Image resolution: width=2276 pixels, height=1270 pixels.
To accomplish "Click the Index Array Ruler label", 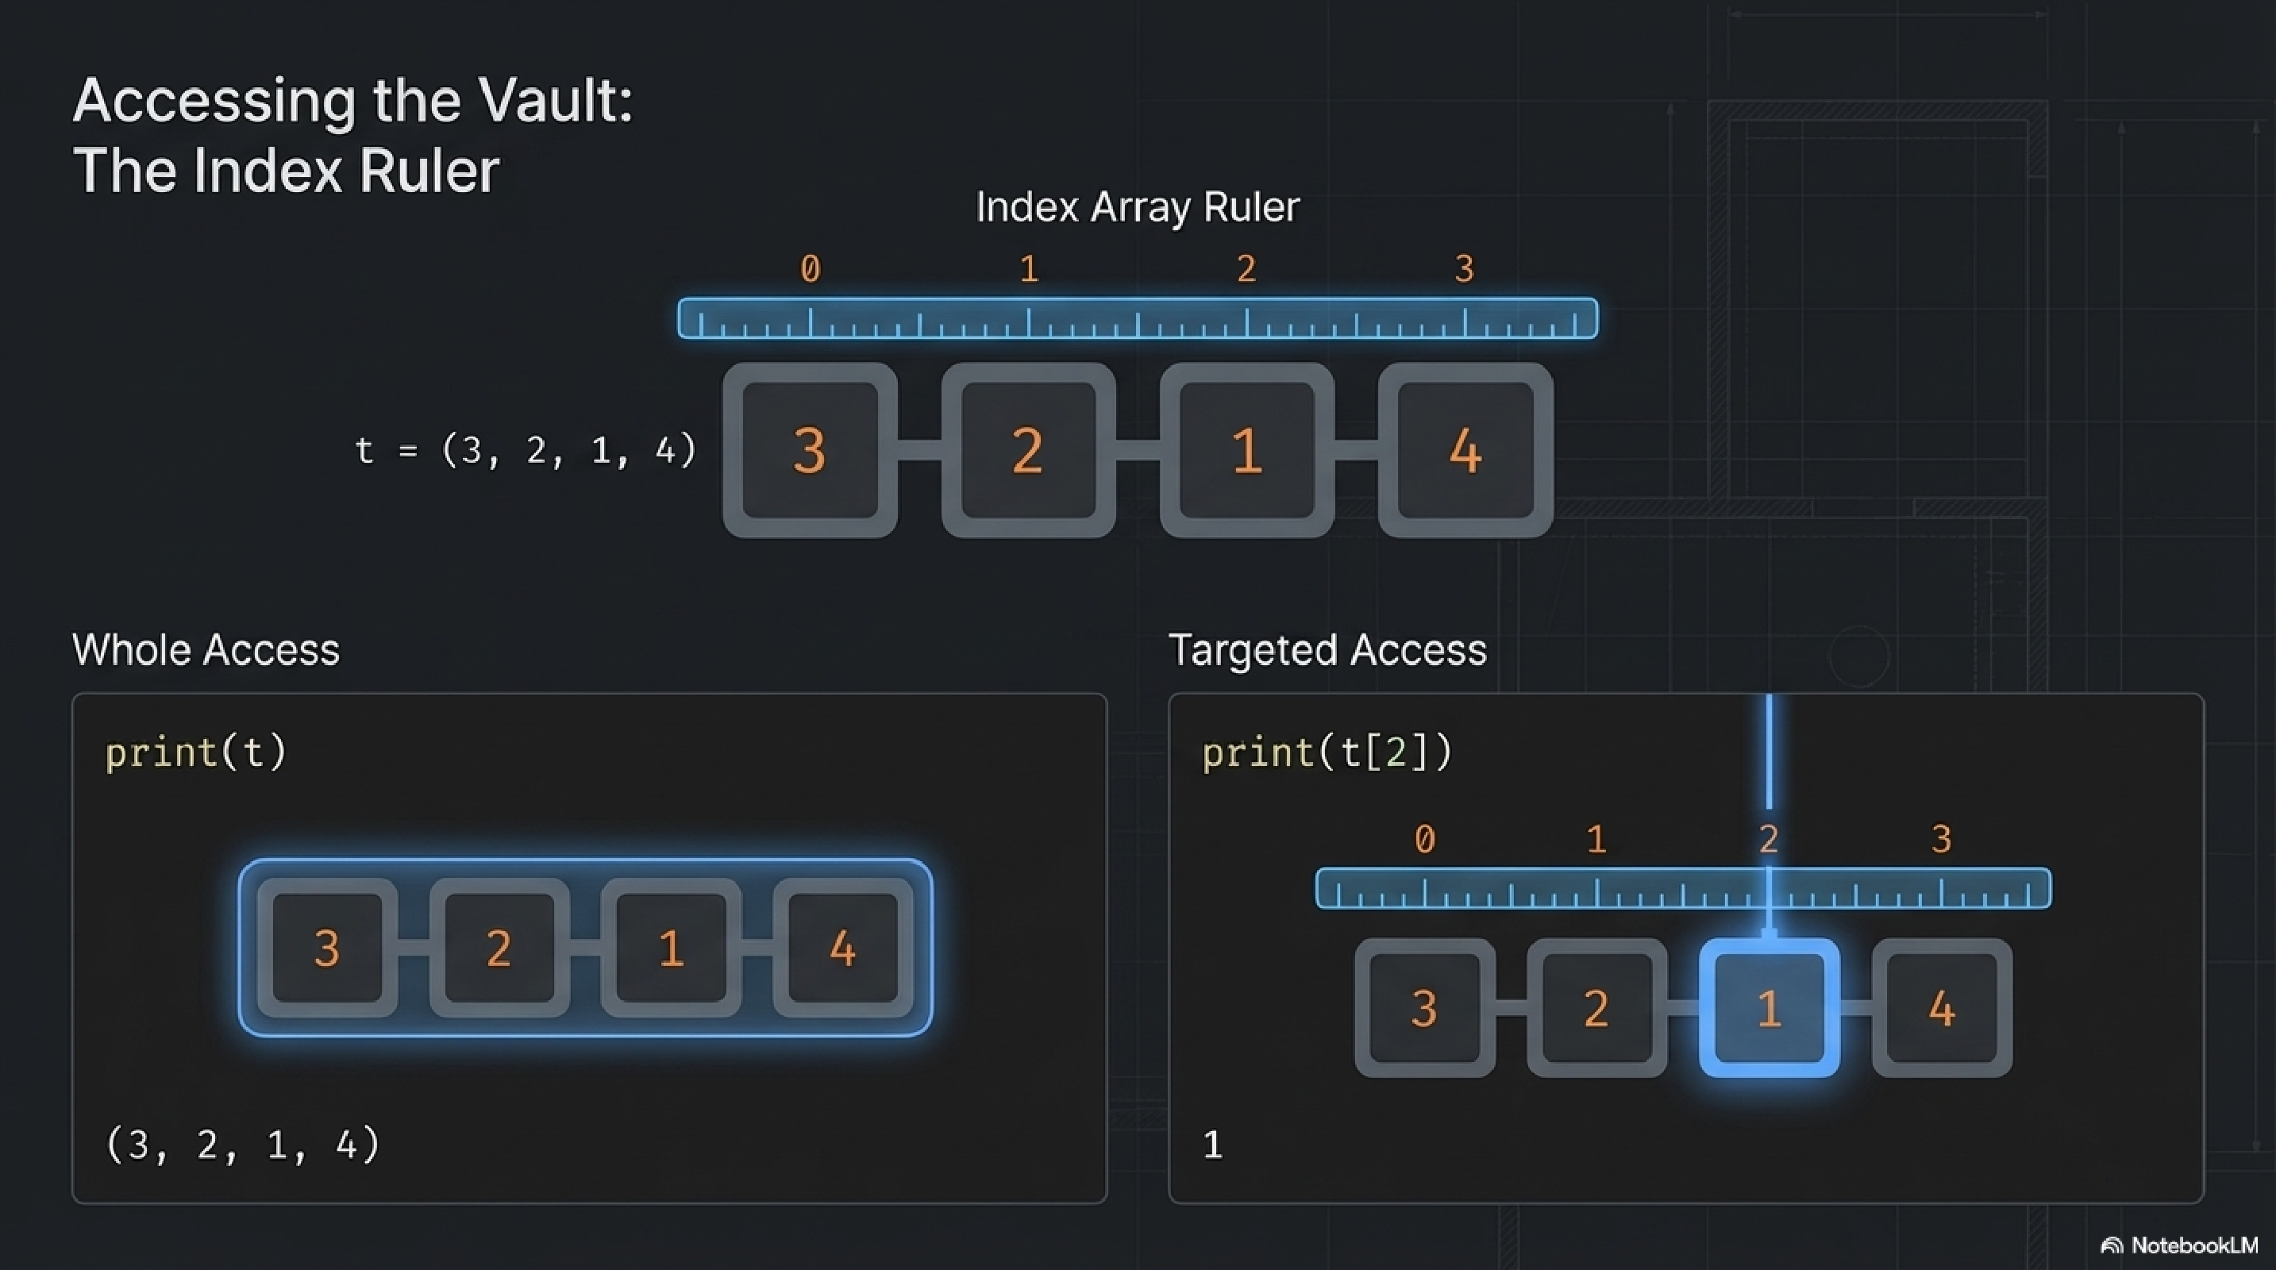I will click(x=1137, y=207).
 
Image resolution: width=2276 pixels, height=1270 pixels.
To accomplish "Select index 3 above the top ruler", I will click(x=1464, y=268).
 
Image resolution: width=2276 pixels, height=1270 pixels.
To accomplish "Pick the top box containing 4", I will click(x=1465, y=450).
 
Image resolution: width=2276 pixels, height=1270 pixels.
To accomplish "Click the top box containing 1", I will click(x=1246, y=450).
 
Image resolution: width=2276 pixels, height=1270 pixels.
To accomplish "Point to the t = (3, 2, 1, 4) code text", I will click(x=526, y=450).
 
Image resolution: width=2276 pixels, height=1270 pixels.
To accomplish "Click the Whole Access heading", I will click(x=206, y=650).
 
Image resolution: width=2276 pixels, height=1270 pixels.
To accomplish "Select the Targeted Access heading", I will click(x=1327, y=650).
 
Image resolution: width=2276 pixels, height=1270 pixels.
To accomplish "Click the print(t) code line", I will click(x=196, y=752).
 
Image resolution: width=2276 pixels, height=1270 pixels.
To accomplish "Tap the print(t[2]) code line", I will click(x=1327, y=752).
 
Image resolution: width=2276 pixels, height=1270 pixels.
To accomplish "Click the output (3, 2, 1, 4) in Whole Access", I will click(x=243, y=1145).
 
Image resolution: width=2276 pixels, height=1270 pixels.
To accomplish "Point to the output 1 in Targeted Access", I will click(x=1213, y=1145).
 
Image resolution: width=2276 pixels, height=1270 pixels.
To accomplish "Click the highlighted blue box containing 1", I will click(x=1769, y=1008).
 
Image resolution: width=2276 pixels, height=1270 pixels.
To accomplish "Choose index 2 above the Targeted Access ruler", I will click(x=1769, y=839).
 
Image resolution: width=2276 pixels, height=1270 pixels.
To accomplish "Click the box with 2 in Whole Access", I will click(x=499, y=949).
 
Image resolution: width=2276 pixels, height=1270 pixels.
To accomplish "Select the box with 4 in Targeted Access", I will click(x=1941, y=1008).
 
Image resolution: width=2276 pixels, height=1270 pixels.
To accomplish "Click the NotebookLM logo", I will click(x=2180, y=1245).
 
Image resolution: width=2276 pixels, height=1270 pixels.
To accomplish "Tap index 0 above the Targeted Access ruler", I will click(x=1424, y=839).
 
